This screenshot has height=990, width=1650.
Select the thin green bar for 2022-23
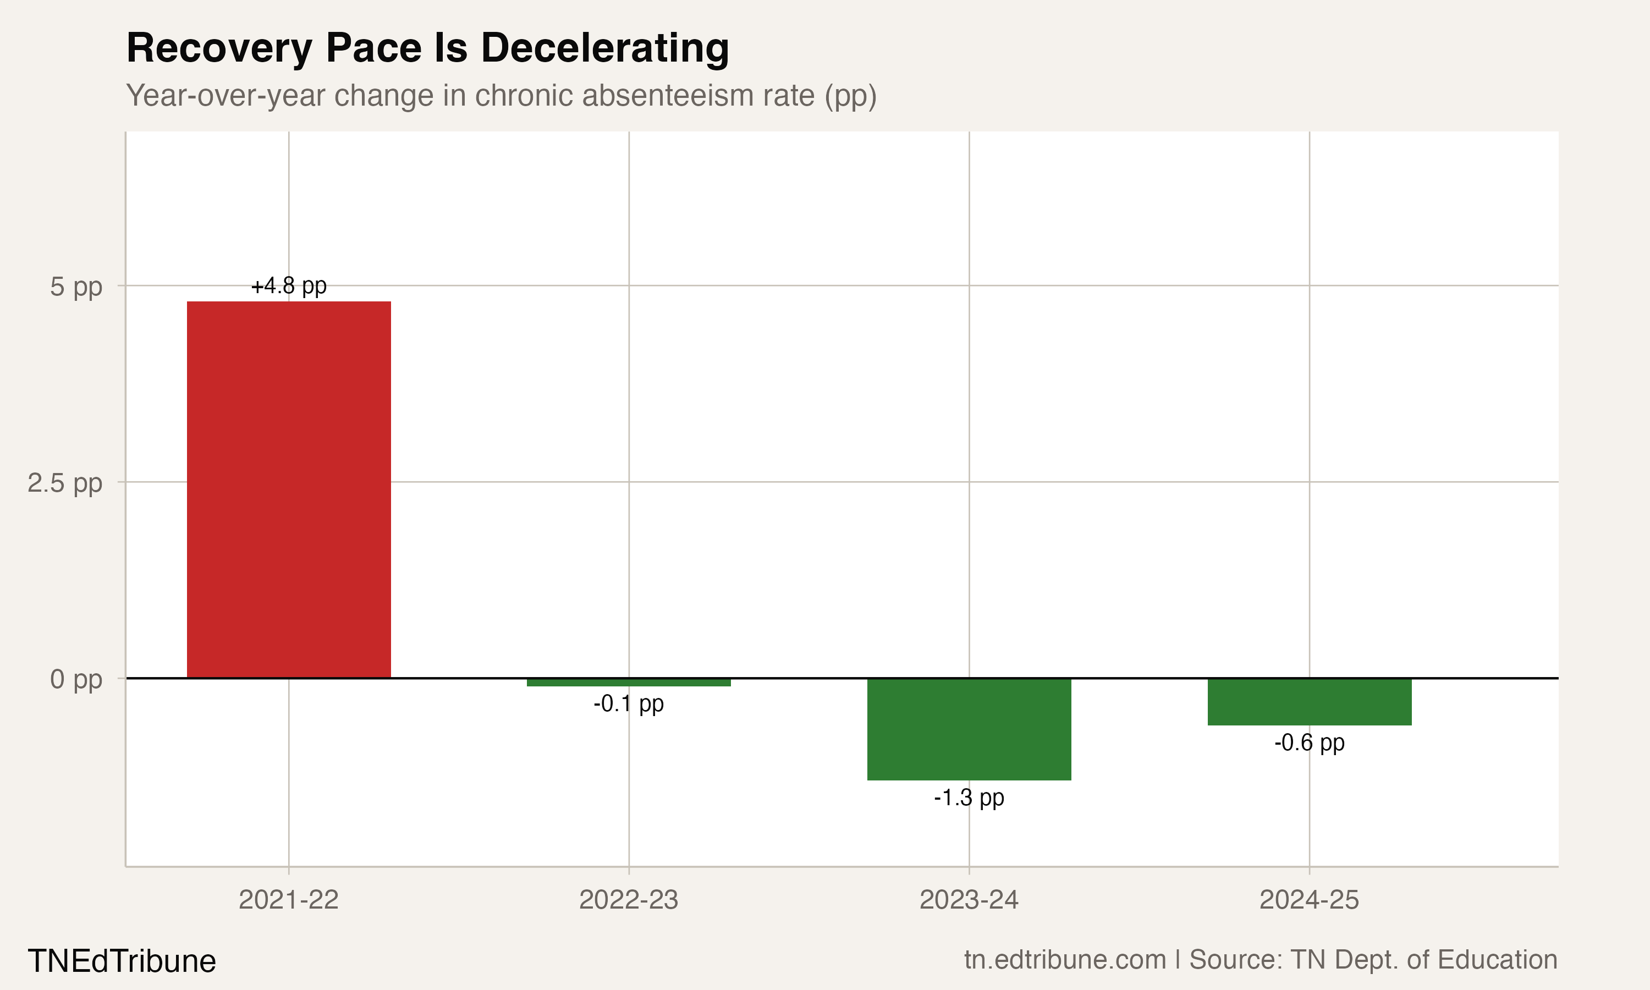tap(628, 682)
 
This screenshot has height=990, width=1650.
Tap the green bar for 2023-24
tap(969, 729)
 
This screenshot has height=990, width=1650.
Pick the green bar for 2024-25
tap(1309, 701)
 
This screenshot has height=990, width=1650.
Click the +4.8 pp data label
tap(288, 286)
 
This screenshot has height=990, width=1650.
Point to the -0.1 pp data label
tap(628, 704)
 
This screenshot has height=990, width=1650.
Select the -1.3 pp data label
tap(969, 798)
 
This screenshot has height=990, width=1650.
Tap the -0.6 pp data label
tap(1309, 743)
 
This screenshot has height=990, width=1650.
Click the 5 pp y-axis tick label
tap(76, 287)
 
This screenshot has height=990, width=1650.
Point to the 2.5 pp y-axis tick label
tap(65, 482)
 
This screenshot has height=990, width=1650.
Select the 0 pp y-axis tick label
tap(76, 679)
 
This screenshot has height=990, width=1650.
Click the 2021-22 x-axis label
tap(288, 900)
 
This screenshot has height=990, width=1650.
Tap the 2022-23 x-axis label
tap(628, 900)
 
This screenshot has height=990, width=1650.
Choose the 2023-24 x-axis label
tap(969, 900)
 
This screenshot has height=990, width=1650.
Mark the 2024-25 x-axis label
tap(1309, 900)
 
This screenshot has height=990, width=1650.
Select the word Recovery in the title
tap(219, 50)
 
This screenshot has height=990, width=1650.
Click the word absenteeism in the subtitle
tap(698, 95)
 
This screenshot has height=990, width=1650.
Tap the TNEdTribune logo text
tap(122, 961)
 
